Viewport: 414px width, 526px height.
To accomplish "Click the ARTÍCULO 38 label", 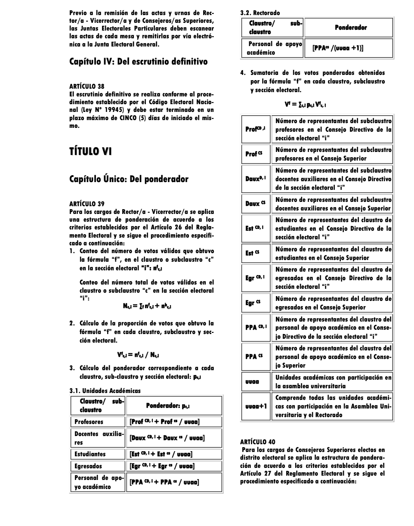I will tap(87, 86).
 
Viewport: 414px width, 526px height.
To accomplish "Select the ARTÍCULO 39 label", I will tap(87, 204).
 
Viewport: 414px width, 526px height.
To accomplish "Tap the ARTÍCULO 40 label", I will tap(257, 442).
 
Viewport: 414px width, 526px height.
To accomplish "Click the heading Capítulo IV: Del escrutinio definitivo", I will tap(138, 62).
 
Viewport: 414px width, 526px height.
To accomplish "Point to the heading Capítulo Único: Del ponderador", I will tap(129, 179).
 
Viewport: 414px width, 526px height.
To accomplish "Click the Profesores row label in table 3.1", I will tap(89, 422).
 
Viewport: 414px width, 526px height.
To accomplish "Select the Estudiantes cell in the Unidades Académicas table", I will tap(90, 454).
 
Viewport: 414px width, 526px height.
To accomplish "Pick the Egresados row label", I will tap(89, 466).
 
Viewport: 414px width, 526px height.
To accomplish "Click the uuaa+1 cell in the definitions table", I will tap(256, 406).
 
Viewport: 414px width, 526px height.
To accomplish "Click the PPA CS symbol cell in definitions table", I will tap(254, 356).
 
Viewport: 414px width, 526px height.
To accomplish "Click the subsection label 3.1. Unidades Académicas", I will tap(105, 391).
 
